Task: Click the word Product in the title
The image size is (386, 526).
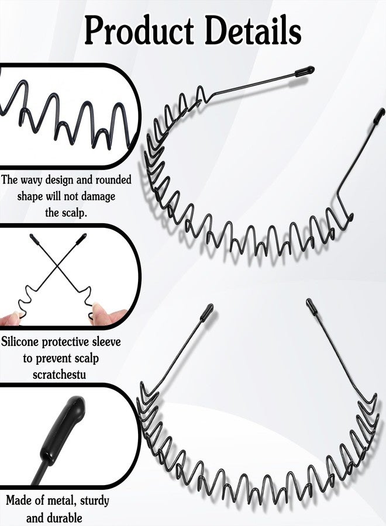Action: (139, 30)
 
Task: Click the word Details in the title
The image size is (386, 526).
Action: (253, 30)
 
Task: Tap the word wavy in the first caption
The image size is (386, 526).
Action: (32, 180)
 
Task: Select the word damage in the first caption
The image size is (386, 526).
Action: (98, 196)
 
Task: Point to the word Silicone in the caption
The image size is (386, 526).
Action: (20, 342)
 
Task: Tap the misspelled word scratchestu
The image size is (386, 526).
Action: (60, 374)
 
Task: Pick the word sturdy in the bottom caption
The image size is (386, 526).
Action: (95, 501)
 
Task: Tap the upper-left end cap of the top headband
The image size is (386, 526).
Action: (305, 71)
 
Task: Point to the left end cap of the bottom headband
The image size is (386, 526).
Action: (207, 312)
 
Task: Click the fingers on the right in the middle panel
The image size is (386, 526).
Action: (109, 314)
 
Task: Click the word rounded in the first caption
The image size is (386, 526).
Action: (113, 180)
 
